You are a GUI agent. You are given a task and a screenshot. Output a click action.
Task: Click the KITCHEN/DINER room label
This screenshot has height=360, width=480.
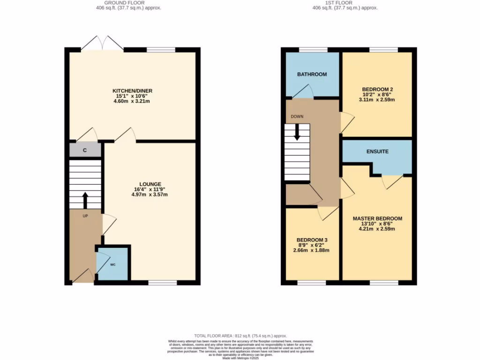click(132, 90)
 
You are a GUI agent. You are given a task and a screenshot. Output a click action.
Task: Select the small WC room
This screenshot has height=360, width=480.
click(112, 265)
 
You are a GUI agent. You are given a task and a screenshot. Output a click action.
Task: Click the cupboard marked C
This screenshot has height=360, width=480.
click(85, 150)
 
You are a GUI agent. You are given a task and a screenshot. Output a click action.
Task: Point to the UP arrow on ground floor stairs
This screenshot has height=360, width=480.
click(85, 200)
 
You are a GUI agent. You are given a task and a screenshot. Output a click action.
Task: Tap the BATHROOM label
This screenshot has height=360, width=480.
click(312, 74)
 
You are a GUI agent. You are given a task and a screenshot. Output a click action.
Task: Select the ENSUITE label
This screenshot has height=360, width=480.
click(377, 151)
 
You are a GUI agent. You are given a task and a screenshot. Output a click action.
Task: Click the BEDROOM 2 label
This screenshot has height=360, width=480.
click(377, 89)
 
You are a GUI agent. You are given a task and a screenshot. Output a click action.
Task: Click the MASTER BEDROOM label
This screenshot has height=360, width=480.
click(377, 218)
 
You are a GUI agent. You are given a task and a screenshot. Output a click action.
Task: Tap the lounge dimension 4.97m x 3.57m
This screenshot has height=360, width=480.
click(150, 195)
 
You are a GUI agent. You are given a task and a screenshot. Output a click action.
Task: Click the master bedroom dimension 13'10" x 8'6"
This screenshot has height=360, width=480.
click(377, 224)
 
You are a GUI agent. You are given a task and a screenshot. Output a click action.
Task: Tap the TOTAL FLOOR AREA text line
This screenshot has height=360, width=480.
click(240, 336)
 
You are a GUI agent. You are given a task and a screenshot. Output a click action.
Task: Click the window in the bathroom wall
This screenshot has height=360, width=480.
click(313, 49)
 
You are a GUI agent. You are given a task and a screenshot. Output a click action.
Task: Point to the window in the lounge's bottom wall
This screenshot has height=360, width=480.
click(163, 283)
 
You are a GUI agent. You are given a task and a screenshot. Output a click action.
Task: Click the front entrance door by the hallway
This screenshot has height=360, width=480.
click(82, 277)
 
